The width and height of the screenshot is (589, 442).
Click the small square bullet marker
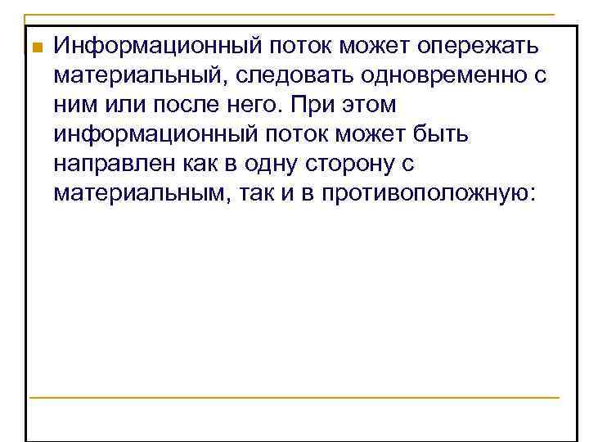(x=34, y=46)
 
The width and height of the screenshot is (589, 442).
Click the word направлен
(x=112, y=164)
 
